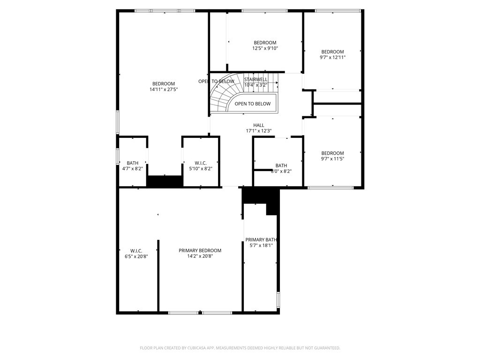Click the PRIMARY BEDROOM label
click(200, 250)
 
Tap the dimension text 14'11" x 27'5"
click(164, 89)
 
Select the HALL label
click(259, 125)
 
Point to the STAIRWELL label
click(256, 79)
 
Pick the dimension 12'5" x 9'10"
click(265, 48)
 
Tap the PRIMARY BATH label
click(262, 239)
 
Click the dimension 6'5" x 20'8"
click(136, 256)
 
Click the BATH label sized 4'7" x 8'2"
click(133, 163)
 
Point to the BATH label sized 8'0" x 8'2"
click(281, 165)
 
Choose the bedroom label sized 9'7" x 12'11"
click(332, 52)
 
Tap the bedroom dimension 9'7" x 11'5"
click(332, 159)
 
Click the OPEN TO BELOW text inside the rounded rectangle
click(253, 104)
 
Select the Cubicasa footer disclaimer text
click(240, 348)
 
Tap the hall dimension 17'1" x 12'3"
click(259, 131)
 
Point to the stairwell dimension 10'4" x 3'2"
click(256, 85)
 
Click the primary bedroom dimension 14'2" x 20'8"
click(200, 256)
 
